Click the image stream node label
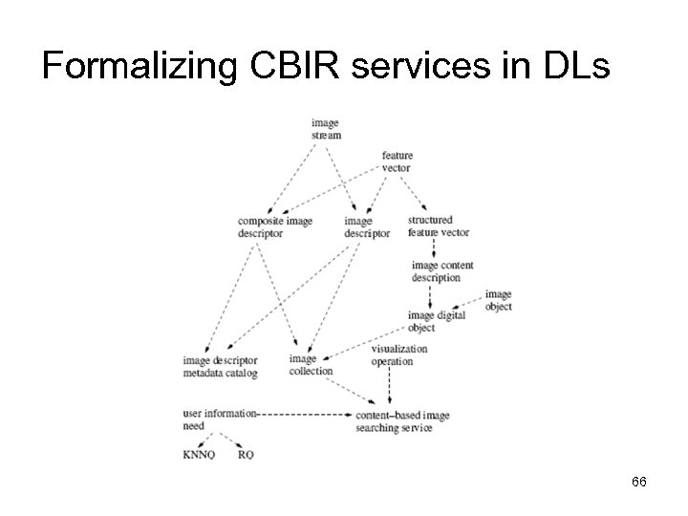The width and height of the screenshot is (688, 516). point(325,129)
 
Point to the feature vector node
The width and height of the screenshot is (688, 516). point(396,161)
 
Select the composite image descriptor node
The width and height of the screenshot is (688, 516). point(275,227)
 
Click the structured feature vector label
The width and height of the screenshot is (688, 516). point(439,226)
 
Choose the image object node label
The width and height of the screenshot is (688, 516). point(498,300)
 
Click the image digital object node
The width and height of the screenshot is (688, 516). point(437,321)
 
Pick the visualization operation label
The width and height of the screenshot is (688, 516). point(398,355)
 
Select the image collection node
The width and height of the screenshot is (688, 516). point(311,365)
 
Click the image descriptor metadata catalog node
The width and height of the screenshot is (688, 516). point(221,367)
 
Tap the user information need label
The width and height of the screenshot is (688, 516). point(219,419)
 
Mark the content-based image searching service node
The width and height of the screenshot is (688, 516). point(401,422)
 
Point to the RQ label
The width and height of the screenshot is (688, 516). point(246,455)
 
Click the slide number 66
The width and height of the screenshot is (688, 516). point(639,483)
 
